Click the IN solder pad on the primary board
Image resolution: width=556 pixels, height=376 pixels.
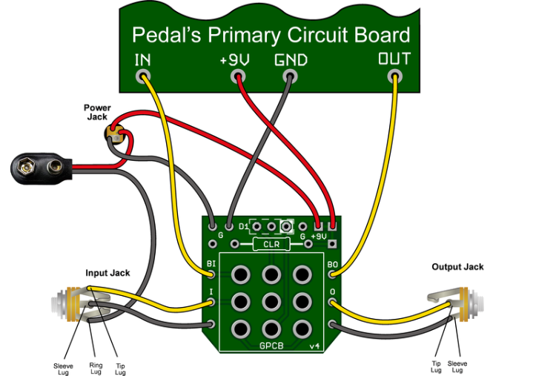(143, 76)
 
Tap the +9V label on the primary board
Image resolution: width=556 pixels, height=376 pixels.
(234, 59)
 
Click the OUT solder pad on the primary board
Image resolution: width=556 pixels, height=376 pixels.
(394, 76)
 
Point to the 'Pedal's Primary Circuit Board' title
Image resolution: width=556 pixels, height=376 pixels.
(271, 35)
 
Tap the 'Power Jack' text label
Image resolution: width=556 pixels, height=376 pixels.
(96, 112)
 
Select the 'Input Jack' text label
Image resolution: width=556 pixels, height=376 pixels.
(107, 274)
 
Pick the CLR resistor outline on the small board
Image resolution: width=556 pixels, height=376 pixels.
(271, 244)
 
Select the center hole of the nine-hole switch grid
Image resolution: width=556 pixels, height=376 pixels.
(271, 302)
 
